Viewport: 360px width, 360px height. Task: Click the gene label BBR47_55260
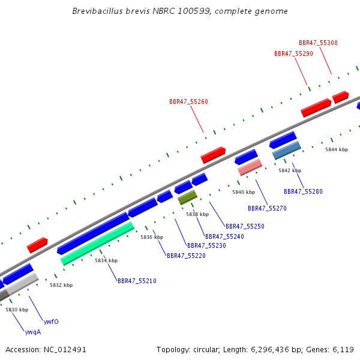click(x=188, y=101)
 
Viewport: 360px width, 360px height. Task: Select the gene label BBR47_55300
click(x=318, y=43)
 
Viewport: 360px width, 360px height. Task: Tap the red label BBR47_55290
click(x=293, y=53)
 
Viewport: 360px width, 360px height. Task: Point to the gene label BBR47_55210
click(x=137, y=281)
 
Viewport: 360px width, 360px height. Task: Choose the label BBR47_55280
click(x=303, y=191)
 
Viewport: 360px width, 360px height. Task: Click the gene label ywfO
click(x=51, y=322)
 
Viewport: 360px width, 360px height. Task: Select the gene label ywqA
click(x=33, y=332)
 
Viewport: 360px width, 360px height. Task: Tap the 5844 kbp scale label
click(x=337, y=149)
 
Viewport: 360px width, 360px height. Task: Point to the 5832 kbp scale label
click(x=61, y=285)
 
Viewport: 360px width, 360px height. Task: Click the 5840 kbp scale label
click(x=244, y=192)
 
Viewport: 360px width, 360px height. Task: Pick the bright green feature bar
click(x=97, y=244)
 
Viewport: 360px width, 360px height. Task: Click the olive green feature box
click(x=187, y=197)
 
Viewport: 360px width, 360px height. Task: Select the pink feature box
click(x=250, y=167)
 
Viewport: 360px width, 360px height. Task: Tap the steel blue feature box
click(x=287, y=151)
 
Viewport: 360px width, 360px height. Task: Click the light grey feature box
click(x=22, y=284)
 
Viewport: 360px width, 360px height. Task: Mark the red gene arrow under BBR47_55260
click(x=213, y=155)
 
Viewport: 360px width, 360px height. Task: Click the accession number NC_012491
click(x=65, y=350)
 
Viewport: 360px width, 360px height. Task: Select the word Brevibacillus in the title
click(x=97, y=11)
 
